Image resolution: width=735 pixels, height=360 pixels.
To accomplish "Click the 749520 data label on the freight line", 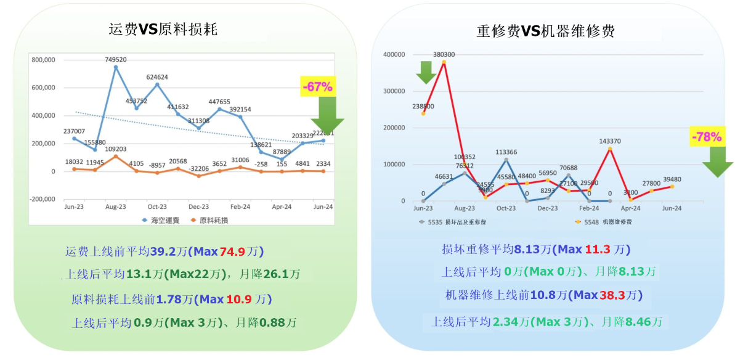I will [x=115, y=60].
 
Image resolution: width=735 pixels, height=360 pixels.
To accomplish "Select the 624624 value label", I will [x=157, y=77].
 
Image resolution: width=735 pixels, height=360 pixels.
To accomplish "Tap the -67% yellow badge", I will [x=317, y=87].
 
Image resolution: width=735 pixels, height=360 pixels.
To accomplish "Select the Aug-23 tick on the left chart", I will [x=115, y=207].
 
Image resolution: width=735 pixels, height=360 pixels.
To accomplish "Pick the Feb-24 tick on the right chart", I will [x=589, y=208].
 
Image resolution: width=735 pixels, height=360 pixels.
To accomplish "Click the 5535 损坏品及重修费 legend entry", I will [x=455, y=221].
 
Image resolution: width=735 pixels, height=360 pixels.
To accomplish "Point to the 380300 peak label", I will [x=444, y=54].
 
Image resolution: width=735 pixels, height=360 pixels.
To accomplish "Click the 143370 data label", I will [x=610, y=141].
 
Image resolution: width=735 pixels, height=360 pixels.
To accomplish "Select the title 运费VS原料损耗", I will [x=163, y=30].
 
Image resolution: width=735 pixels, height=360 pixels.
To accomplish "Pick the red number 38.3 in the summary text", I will [x=611, y=295].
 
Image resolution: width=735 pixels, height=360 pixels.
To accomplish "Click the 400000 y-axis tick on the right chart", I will [x=393, y=54].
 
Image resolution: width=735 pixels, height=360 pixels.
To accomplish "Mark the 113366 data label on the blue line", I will [x=506, y=152].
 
